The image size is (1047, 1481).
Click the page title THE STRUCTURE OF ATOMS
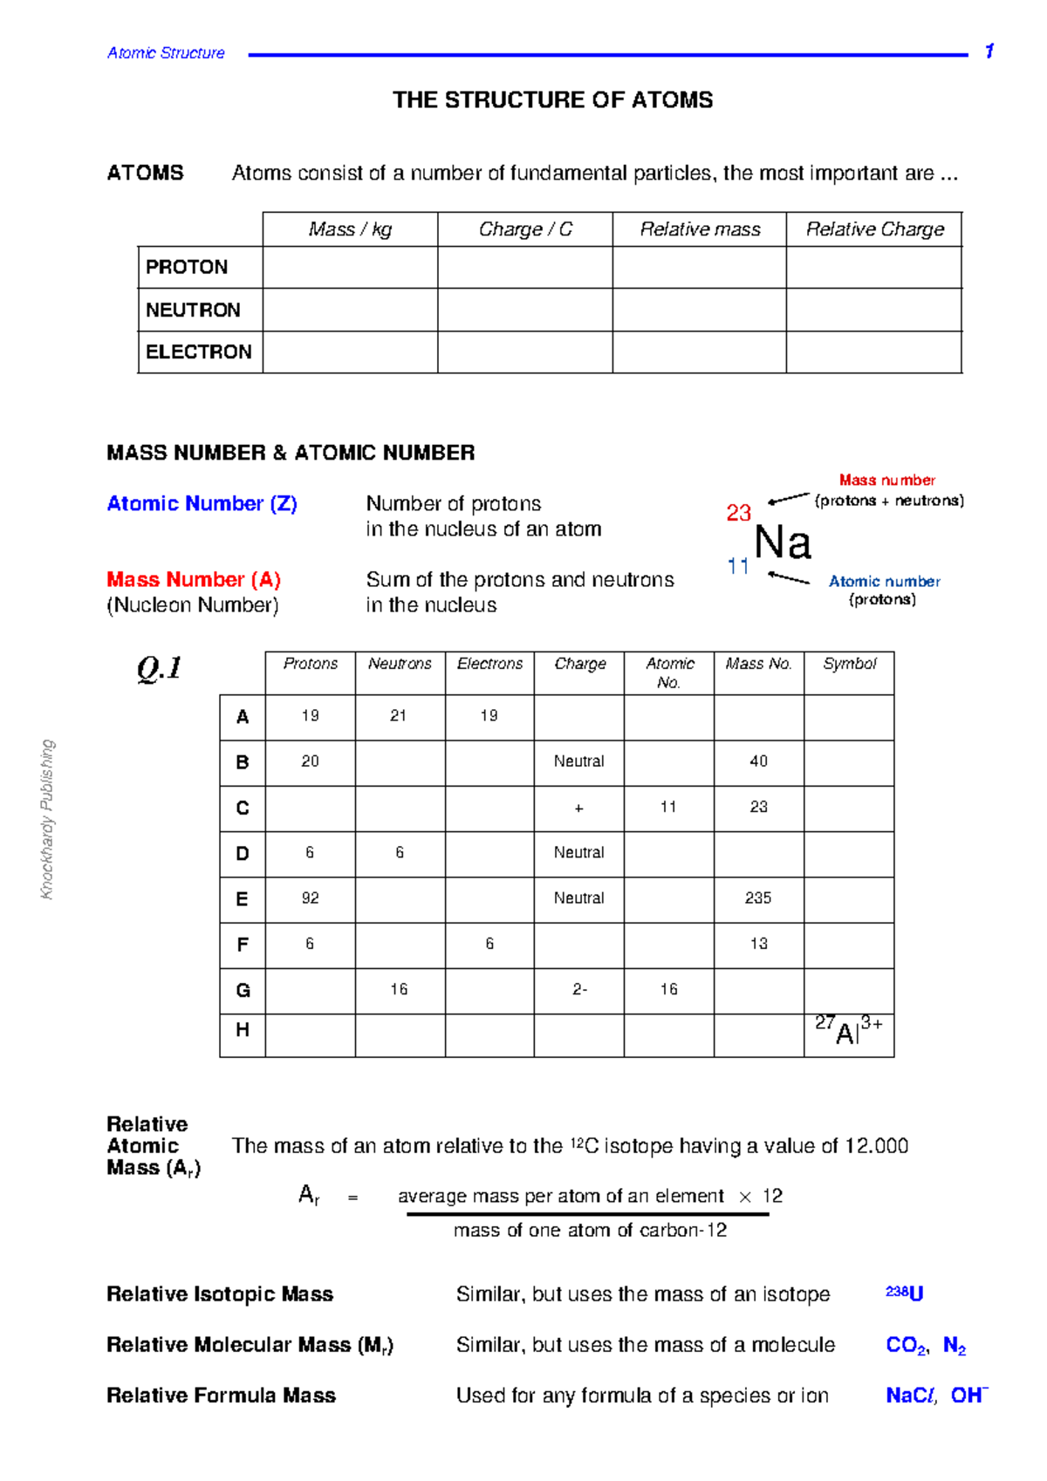(x=552, y=100)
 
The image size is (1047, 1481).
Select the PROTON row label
(x=187, y=267)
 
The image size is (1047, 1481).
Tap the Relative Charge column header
(x=874, y=229)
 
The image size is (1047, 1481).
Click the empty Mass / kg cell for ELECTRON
(x=350, y=352)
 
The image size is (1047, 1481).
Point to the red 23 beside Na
(x=738, y=513)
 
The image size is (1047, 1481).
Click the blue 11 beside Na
(x=738, y=567)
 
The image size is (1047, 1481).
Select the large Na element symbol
(x=783, y=543)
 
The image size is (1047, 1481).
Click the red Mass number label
(x=886, y=480)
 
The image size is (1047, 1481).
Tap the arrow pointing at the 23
(x=789, y=499)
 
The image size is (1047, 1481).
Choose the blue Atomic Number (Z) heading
(x=202, y=504)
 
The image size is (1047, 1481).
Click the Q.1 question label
(x=160, y=669)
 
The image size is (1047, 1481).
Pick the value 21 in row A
(x=399, y=716)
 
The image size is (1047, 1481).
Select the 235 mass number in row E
(x=758, y=898)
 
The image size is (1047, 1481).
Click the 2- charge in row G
(x=579, y=989)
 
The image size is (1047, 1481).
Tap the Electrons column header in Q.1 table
(x=489, y=664)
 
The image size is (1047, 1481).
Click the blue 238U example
(x=904, y=1293)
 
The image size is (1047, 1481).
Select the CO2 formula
(x=907, y=1345)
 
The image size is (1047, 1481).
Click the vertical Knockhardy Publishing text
(x=48, y=819)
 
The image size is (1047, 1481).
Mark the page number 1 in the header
(x=989, y=51)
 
